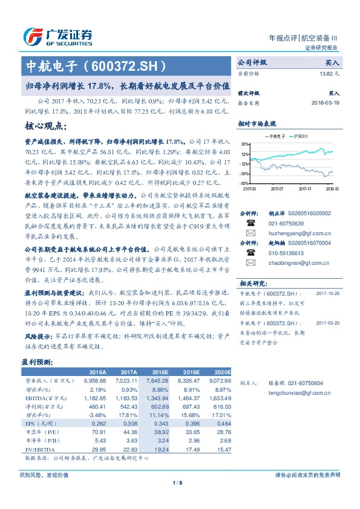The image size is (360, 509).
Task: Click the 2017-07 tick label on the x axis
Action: [x=277, y=188]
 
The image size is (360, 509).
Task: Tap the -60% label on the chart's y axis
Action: [x=244, y=183]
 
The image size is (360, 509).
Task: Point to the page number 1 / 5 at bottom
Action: [x=178, y=499]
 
